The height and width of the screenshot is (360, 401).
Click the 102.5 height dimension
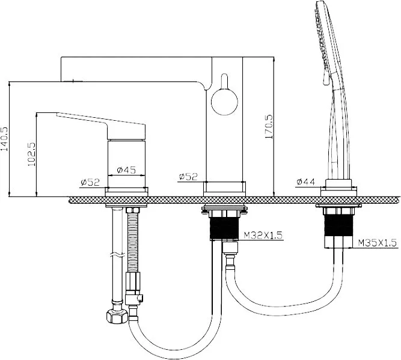(31, 154)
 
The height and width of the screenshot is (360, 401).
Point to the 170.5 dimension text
(269, 127)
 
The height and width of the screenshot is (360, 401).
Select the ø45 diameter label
(126, 169)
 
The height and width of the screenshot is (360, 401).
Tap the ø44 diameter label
(306, 182)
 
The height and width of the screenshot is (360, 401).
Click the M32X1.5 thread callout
(263, 235)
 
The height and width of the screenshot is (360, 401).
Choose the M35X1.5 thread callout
(378, 242)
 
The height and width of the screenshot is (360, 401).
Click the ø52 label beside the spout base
(189, 177)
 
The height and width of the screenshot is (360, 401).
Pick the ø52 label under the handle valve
(90, 182)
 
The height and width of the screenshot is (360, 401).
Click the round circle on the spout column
(224, 102)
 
